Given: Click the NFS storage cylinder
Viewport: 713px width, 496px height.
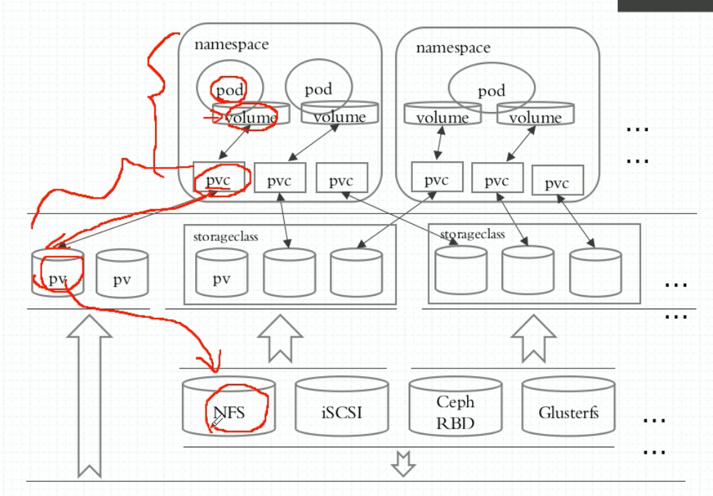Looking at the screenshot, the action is point(229,406).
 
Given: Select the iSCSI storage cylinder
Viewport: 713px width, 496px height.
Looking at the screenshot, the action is point(342,406).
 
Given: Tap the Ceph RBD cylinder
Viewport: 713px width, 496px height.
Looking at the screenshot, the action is point(456,406).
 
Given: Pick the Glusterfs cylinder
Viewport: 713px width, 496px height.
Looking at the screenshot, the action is point(569,406).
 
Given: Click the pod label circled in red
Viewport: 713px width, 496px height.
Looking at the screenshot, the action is point(230,90).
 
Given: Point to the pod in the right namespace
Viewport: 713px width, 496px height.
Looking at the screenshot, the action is point(492,88).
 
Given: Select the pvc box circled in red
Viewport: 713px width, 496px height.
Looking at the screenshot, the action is point(218,178).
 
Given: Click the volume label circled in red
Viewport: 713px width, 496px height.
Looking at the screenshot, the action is point(251,118).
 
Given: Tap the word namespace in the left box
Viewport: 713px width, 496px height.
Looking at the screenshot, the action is point(232,44).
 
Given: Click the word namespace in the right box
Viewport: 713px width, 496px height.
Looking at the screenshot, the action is point(453,48).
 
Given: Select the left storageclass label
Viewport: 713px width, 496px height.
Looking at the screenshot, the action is point(225,237).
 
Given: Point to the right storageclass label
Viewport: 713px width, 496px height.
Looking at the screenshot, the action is point(473,234).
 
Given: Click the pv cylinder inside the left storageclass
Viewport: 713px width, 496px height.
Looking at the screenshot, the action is point(222,273).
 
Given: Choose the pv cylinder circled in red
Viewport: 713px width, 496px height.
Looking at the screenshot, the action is point(58,272).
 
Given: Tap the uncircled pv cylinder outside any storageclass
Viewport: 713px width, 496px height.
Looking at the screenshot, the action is point(123,273).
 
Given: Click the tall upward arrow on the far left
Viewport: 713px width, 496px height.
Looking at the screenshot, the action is point(89,395).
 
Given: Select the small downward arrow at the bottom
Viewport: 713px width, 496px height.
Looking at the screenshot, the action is point(403,464).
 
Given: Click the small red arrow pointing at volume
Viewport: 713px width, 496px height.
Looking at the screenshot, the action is point(213,118).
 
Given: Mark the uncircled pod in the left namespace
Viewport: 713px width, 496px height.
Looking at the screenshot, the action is point(318,87).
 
